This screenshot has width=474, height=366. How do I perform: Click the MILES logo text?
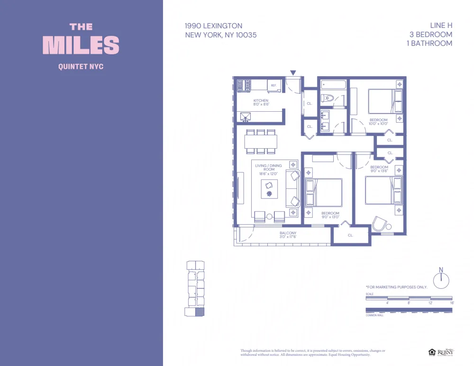[x=81, y=45]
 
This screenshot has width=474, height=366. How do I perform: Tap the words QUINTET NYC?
[x=81, y=67]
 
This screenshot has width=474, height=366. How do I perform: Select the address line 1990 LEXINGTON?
[x=213, y=26]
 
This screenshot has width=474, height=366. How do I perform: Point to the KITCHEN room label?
[x=261, y=101]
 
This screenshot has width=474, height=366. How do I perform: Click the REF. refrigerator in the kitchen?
[x=274, y=86]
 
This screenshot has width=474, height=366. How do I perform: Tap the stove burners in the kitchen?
[x=244, y=85]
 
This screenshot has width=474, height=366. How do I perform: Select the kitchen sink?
[x=246, y=116]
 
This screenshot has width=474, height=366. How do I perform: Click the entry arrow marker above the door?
[x=293, y=73]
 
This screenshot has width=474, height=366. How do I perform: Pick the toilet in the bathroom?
[x=328, y=98]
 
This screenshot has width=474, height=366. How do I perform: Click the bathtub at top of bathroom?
[x=334, y=85]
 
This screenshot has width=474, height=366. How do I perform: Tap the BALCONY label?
[x=288, y=233]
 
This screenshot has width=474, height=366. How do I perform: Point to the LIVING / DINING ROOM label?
[x=268, y=168]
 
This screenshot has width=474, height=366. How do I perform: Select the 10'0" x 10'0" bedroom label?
[x=378, y=122]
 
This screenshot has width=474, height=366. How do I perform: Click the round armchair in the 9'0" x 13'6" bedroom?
[x=379, y=224]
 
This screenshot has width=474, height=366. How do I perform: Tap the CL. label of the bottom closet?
[x=350, y=235]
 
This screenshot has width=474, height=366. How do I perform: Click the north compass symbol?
[x=441, y=279]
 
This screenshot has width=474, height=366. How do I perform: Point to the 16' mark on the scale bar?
[x=451, y=302]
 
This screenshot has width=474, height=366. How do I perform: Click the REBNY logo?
[x=445, y=352]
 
